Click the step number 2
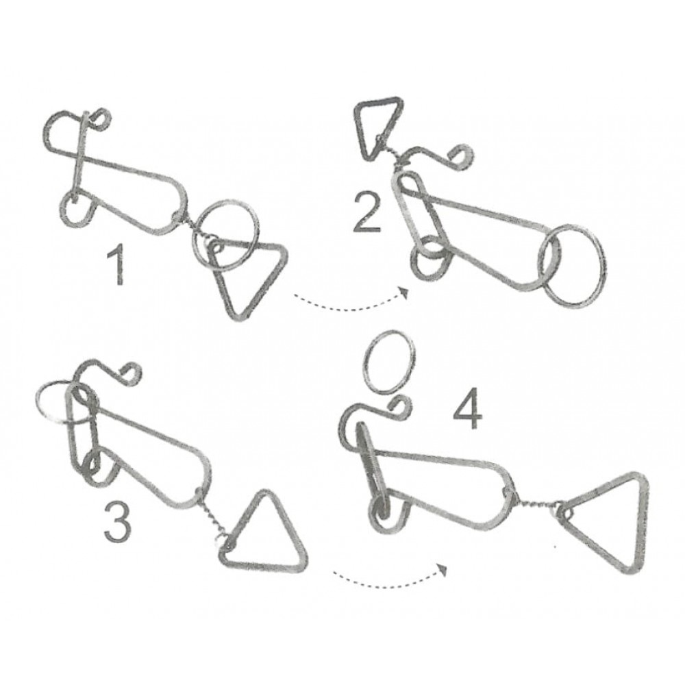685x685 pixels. pyautogui.click(x=368, y=213)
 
